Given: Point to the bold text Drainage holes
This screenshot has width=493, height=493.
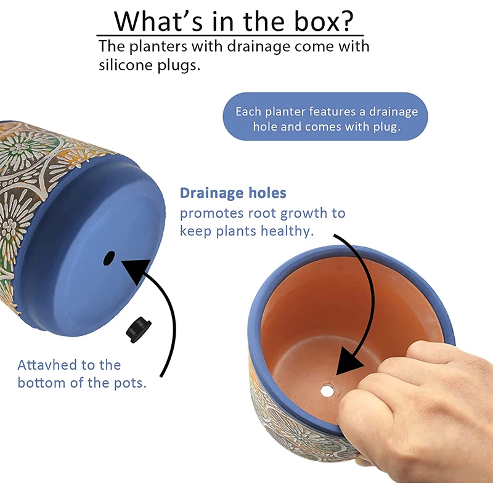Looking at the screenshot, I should (233, 194).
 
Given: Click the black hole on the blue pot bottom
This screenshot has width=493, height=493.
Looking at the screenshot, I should (110, 257).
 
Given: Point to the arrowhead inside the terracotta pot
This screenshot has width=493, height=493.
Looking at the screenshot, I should (350, 364).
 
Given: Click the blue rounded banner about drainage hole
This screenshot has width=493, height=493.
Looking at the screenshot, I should (325, 119).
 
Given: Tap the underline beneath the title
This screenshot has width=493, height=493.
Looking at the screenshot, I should (230, 36).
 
